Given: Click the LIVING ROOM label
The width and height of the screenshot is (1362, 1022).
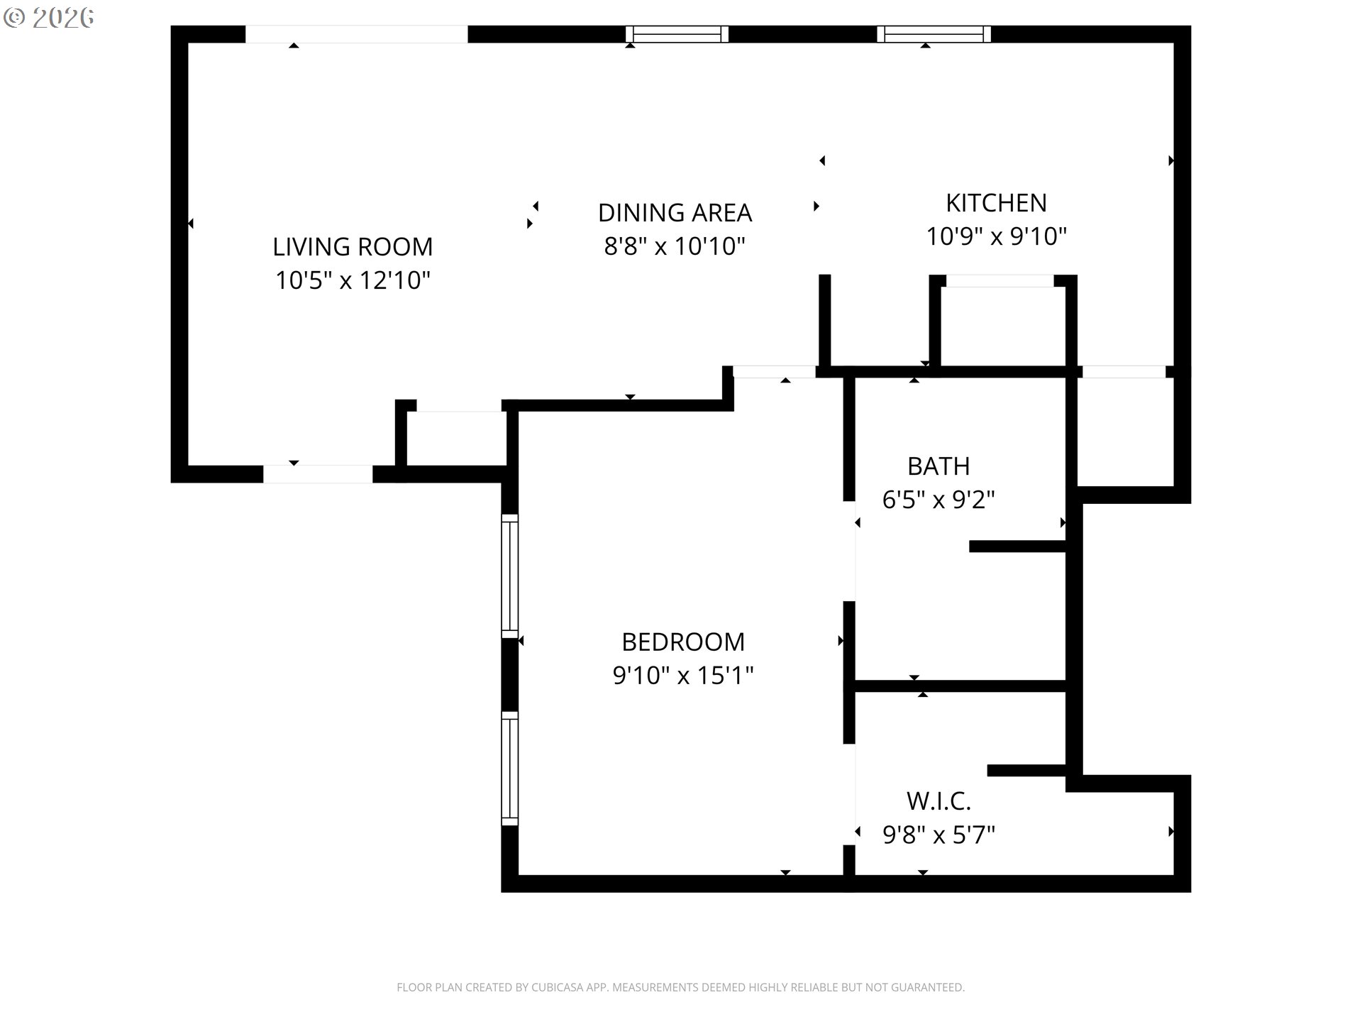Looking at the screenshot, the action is point(353,247).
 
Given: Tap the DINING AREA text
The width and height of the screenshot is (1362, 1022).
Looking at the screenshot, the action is point(675,213).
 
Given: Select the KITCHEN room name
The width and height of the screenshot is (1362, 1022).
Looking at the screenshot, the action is point(996,203).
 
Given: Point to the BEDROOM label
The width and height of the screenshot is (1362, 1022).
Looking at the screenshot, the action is point(683,642).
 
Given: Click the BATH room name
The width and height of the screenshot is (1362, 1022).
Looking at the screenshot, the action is point(939,466).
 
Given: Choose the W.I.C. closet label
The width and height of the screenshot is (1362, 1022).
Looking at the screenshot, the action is point(939,801).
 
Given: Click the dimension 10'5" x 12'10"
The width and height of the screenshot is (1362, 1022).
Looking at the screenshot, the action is point(353,280).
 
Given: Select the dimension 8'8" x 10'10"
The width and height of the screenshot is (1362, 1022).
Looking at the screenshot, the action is point(675,246).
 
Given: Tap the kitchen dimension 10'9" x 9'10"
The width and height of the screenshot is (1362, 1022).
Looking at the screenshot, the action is point(996,236).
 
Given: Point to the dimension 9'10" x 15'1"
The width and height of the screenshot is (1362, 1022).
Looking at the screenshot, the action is point(683,675).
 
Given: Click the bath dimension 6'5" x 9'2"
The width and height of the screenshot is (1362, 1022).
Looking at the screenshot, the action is point(939,500).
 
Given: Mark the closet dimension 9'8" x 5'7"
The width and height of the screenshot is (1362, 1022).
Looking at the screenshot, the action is point(939,835).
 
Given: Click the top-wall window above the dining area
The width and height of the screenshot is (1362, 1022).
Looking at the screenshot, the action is point(677,34).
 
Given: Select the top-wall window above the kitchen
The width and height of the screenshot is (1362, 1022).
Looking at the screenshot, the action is point(934,34).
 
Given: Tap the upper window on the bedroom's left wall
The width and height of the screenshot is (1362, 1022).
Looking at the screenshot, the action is point(510,576).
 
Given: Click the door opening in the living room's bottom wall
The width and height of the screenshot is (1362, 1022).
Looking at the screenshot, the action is point(318,474).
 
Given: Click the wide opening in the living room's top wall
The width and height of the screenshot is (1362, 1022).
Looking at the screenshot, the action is point(356,34).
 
